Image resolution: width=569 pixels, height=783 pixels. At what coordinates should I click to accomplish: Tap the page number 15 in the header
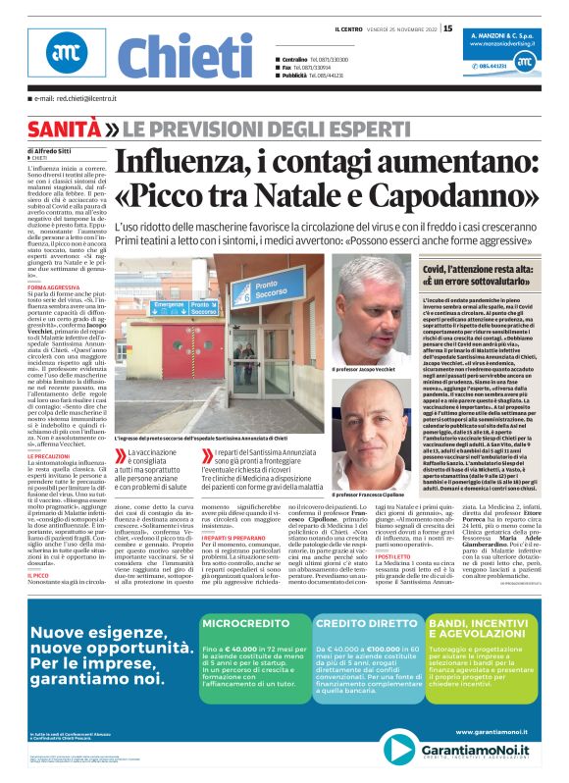[447, 28]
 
